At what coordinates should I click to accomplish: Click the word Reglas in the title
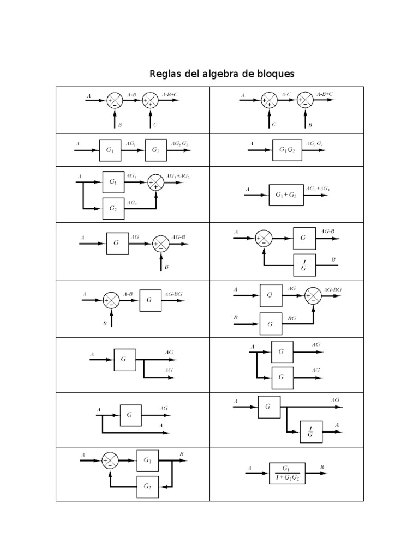point(164,74)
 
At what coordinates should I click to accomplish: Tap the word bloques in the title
point(273,74)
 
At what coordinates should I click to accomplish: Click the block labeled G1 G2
point(286,150)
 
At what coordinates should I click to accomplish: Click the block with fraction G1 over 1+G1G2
point(286,473)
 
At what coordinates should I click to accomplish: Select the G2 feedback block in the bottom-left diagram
point(147,486)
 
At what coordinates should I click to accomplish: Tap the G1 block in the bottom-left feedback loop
point(147,460)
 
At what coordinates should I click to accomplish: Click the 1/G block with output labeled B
point(304,265)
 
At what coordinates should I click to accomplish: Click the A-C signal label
point(286,94)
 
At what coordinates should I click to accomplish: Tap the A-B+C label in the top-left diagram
point(170,94)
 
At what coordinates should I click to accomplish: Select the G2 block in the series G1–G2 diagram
point(157,150)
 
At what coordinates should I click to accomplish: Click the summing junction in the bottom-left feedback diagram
point(110,461)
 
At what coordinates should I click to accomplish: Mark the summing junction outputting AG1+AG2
point(155,184)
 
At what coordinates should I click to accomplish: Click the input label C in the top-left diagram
point(155,125)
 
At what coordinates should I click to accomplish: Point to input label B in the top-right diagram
point(310,125)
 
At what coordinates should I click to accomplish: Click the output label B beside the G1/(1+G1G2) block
point(322,467)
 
